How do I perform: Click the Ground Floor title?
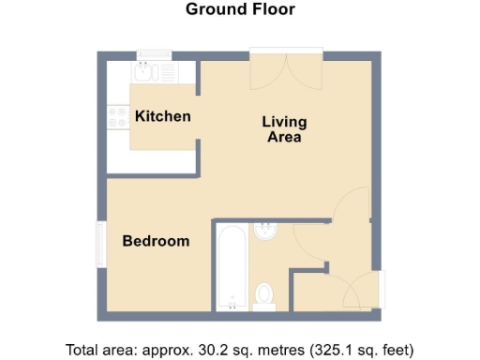[x=240, y=10]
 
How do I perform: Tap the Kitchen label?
[x=163, y=117]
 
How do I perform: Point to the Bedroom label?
[x=157, y=241]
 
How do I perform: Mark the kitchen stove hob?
[x=118, y=117]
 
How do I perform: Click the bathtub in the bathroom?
[x=232, y=268]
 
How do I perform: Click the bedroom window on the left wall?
[x=101, y=246]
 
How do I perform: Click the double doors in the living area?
[x=286, y=71]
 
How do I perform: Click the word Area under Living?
[x=284, y=138]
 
